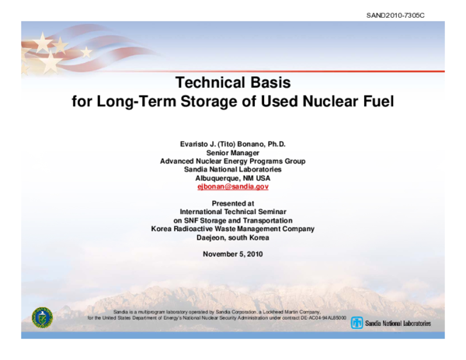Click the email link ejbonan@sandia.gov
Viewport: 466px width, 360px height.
pyautogui.click(x=233, y=187)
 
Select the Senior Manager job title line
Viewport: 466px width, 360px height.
pyautogui.click(x=233, y=153)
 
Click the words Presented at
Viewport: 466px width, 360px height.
pyautogui.click(x=233, y=203)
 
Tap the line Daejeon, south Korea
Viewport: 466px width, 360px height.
pyautogui.click(x=233, y=237)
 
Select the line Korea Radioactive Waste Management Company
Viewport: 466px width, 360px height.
pyautogui.click(x=233, y=229)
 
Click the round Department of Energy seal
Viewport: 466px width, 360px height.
pyautogui.click(x=41, y=317)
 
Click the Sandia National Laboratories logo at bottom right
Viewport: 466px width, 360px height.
pyautogui.click(x=390, y=322)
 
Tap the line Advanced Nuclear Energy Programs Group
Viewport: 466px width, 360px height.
pyautogui.click(x=233, y=161)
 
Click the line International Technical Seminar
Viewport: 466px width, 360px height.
pyautogui.click(x=233, y=212)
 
